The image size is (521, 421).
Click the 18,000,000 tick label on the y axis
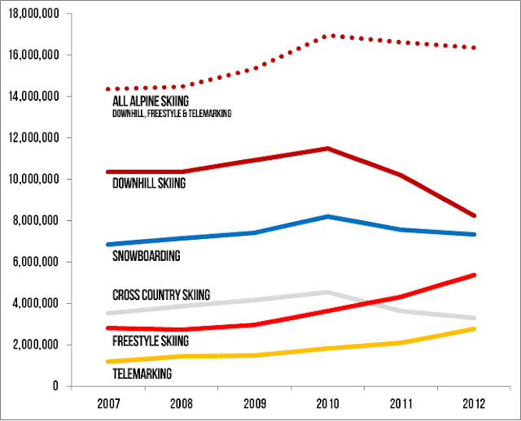tap(35, 13)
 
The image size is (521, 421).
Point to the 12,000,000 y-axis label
tap(35, 137)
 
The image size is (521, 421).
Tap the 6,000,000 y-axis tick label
tap(38, 262)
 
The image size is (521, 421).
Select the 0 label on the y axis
tap(58, 386)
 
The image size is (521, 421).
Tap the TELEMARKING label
tap(141, 374)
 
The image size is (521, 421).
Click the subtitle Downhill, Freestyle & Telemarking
tap(171, 115)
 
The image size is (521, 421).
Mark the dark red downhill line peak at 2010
tap(327, 149)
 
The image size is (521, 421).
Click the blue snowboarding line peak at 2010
tap(327, 216)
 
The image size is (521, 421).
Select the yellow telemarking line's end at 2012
tap(474, 328)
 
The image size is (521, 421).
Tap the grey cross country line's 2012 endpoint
tap(474, 318)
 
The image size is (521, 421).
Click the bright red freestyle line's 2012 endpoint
tap(474, 276)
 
